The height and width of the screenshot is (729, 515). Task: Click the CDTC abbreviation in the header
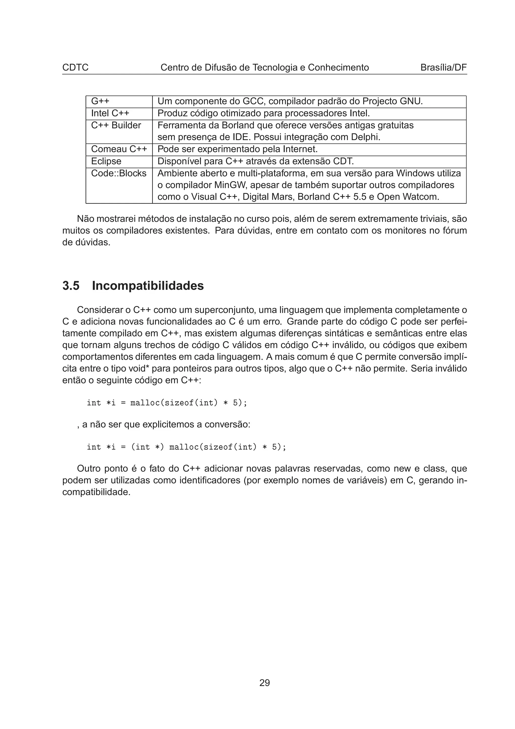(x=75, y=68)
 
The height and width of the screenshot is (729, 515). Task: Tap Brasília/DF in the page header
(x=443, y=68)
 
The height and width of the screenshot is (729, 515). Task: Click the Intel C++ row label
(x=110, y=113)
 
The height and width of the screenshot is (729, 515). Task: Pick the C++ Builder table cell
(x=116, y=126)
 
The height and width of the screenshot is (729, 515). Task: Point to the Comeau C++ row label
(x=119, y=149)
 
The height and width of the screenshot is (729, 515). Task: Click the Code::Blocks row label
(x=119, y=173)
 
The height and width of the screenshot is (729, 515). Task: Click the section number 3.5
(x=71, y=286)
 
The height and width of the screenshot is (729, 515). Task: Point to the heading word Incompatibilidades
(x=148, y=286)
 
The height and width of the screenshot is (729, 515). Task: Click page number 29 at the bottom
(x=264, y=683)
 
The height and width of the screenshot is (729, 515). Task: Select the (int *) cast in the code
(x=148, y=447)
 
